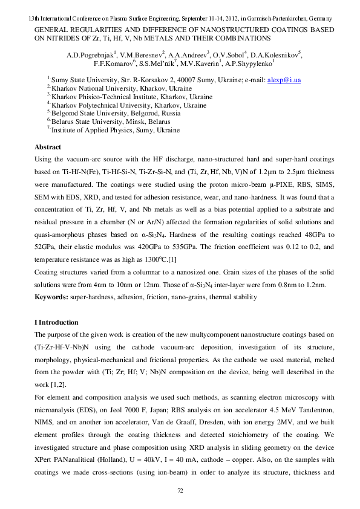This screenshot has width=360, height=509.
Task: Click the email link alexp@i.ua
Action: coord(284,80)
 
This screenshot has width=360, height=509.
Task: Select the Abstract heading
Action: coord(48,147)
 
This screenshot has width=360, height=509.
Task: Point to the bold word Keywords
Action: coord(51,297)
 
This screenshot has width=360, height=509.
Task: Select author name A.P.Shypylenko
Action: coord(250,62)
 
